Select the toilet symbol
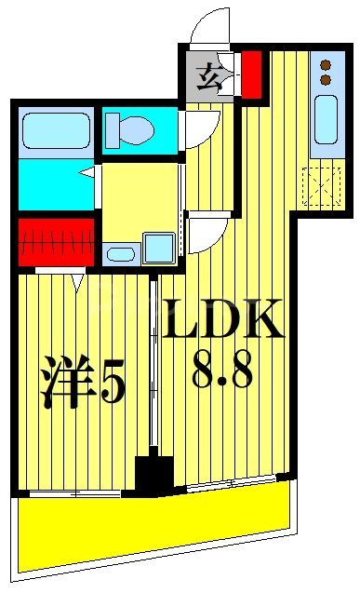click(130, 128)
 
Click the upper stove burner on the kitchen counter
click(326, 65)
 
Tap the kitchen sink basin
click(327, 121)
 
